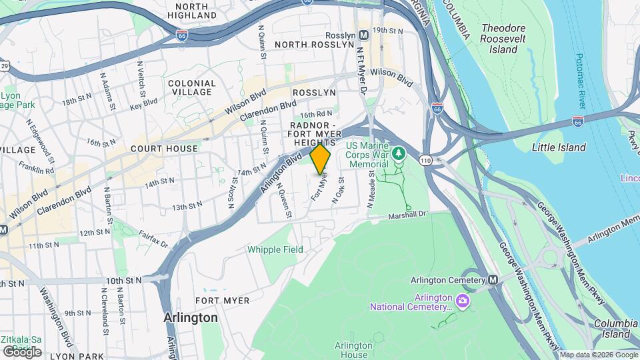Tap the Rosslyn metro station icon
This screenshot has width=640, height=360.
[364, 35]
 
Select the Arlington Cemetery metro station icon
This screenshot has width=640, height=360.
[493, 280]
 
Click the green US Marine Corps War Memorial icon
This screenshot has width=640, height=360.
[399, 154]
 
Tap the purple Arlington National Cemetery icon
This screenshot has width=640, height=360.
[461, 302]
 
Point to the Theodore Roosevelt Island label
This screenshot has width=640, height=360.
[503, 39]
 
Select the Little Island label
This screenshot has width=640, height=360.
[559, 147]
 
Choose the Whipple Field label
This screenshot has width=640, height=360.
[275, 249]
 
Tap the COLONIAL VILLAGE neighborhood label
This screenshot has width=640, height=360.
[193, 88]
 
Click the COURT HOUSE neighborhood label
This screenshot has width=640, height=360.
[164, 149]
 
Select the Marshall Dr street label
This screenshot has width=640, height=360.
[409, 214]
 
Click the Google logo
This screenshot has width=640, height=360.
[22, 351]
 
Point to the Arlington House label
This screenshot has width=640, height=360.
[353, 350]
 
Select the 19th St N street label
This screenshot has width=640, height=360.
[389, 31]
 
